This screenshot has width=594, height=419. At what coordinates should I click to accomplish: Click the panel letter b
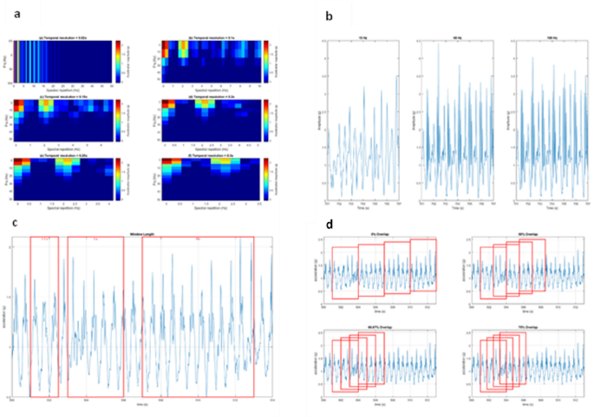click(x=328, y=16)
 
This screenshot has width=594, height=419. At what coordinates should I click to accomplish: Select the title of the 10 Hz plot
click(x=361, y=37)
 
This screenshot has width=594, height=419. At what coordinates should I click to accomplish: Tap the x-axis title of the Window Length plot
click(x=141, y=404)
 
